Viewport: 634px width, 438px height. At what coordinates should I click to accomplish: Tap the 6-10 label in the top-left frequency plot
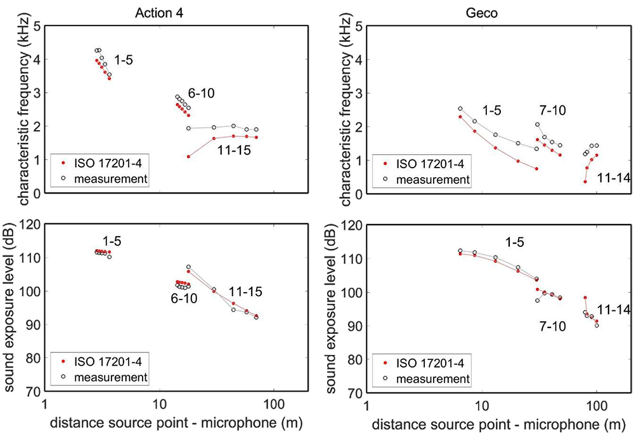(200, 93)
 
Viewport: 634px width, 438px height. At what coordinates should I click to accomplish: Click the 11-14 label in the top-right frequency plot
(613, 180)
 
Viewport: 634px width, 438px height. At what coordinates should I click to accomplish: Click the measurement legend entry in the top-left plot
(110, 179)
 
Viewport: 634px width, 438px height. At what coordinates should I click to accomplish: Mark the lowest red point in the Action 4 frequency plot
(188, 156)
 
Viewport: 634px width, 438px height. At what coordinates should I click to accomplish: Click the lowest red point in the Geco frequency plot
(585, 182)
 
